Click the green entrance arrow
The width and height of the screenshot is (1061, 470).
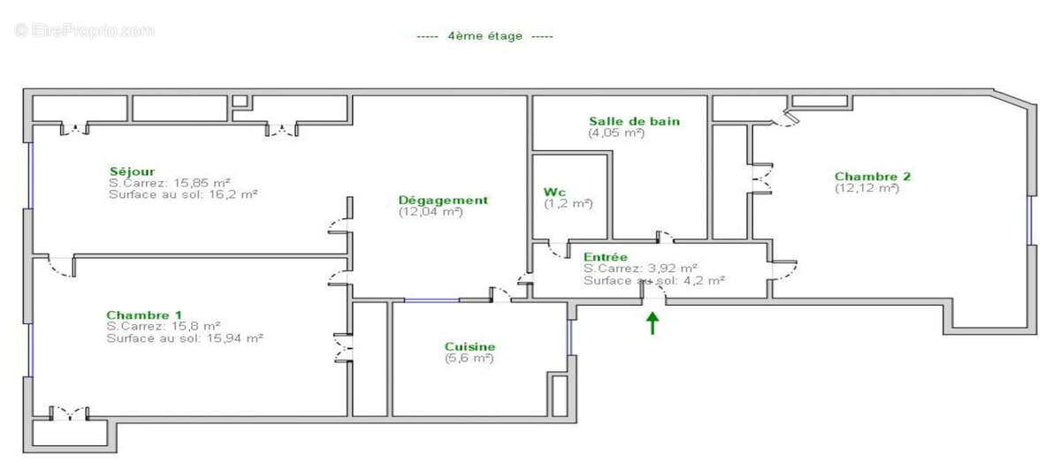click(653, 323)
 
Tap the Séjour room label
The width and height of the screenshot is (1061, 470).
click(133, 171)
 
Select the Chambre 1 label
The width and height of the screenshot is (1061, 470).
click(144, 315)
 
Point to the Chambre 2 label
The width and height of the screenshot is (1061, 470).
click(873, 176)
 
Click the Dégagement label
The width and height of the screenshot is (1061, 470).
click(443, 201)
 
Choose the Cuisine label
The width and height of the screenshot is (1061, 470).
click(469, 346)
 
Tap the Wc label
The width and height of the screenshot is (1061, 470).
click(555, 192)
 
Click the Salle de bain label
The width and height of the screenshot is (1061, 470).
click(635, 121)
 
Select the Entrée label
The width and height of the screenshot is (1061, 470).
click(606, 256)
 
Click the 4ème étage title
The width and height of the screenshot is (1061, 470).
click(485, 36)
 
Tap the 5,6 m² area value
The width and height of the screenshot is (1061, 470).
click(469, 358)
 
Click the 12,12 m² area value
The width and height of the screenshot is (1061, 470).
click(866, 187)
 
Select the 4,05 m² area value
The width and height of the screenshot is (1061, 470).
click(616, 133)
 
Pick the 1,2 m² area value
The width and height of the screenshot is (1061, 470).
click(569, 203)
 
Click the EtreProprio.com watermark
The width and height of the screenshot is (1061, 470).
click(84, 30)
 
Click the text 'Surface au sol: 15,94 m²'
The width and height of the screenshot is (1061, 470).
click(185, 337)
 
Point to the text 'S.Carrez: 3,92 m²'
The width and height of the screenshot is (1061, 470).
click(640, 268)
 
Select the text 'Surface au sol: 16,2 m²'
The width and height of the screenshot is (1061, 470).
click(183, 194)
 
